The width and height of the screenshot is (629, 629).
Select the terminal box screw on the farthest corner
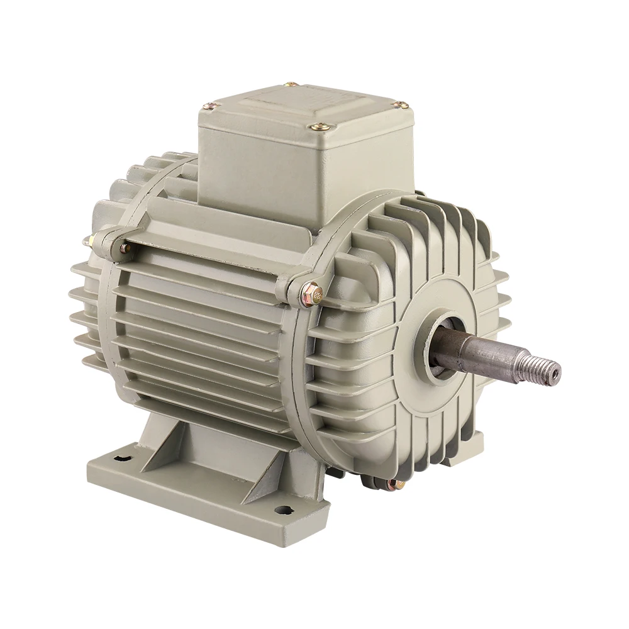[289, 84]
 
